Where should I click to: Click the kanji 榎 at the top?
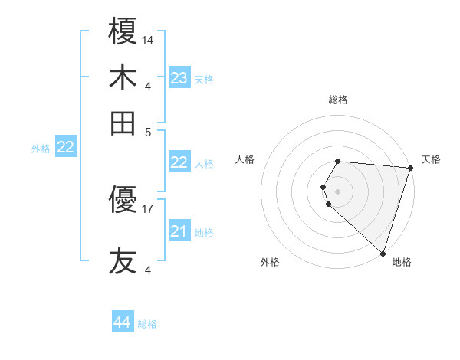123,32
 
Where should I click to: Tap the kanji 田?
123,123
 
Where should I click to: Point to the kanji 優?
123,201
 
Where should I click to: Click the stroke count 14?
148,39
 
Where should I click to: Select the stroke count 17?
148,208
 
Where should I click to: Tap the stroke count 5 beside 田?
148,131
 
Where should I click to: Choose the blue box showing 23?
179,78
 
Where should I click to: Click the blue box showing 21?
179,231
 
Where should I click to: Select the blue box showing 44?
123,322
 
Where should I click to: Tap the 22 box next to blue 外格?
65,148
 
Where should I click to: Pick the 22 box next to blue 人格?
179,162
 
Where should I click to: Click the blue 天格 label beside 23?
204,79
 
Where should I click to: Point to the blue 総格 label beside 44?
147,324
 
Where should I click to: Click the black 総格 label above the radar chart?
338,100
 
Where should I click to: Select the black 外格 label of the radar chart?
270,263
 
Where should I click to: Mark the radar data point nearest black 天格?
410,169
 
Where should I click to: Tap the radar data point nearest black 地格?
383,253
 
